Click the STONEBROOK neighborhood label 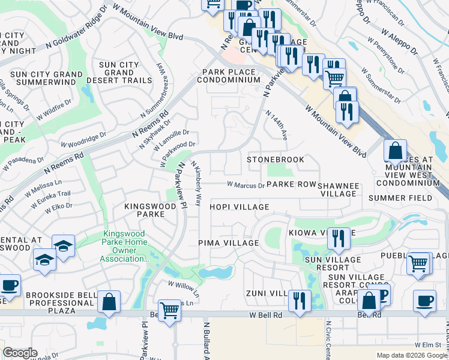click(x=276, y=160)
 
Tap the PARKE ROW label click(x=291, y=185)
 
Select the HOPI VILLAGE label click(x=239, y=207)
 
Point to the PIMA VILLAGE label click(x=228, y=243)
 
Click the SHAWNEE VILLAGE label click(x=339, y=190)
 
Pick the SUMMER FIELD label click(x=400, y=198)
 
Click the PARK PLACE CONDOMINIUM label click(x=231, y=76)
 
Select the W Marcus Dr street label click(x=245, y=185)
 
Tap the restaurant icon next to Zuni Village click(x=299, y=300)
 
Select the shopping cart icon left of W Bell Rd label click(x=170, y=310)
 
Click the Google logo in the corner click(x=20, y=353)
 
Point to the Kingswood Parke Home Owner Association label click(x=125, y=247)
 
